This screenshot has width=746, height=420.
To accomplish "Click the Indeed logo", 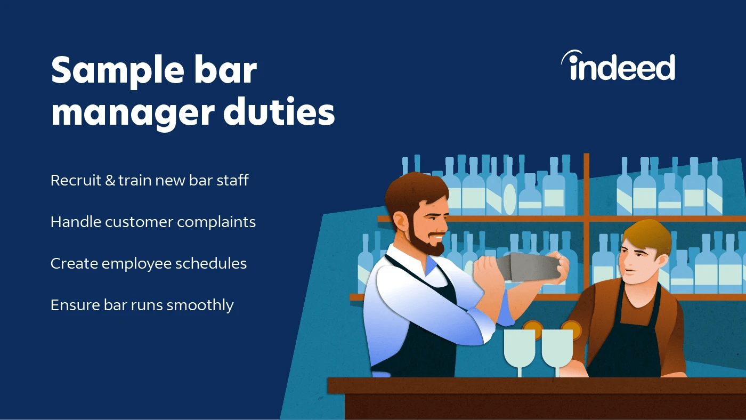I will click(x=618, y=66).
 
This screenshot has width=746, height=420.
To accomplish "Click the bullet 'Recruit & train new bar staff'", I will click(x=149, y=180).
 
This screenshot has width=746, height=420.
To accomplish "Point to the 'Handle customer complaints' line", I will click(x=153, y=222).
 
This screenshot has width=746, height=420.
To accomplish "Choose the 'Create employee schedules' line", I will click(x=148, y=263).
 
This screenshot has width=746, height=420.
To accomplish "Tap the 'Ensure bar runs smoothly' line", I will click(x=142, y=305).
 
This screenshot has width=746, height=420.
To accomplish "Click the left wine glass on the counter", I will click(x=519, y=349).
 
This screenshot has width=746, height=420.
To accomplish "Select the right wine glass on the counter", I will click(x=557, y=349).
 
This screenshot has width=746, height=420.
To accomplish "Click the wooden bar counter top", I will click(x=533, y=385).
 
